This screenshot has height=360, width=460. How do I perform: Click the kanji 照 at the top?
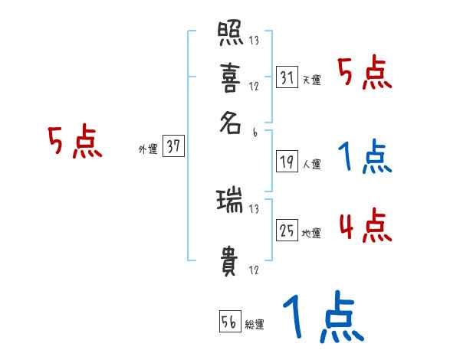(229, 34)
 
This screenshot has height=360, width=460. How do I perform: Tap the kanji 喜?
(229, 78)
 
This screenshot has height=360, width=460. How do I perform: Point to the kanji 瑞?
(229, 201)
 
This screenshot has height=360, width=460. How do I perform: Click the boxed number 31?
(287, 77)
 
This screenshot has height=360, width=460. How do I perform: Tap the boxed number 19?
(287, 162)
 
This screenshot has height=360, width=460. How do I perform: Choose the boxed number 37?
(174, 147)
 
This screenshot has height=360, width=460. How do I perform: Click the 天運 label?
(312, 80)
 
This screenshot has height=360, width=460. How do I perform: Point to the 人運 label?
(312, 164)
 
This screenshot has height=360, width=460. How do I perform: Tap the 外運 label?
(148, 149)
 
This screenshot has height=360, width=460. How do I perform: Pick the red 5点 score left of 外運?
(75, 143)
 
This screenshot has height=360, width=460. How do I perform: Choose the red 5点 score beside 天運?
(364, 74)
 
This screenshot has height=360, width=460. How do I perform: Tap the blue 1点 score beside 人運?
(364, 158)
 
